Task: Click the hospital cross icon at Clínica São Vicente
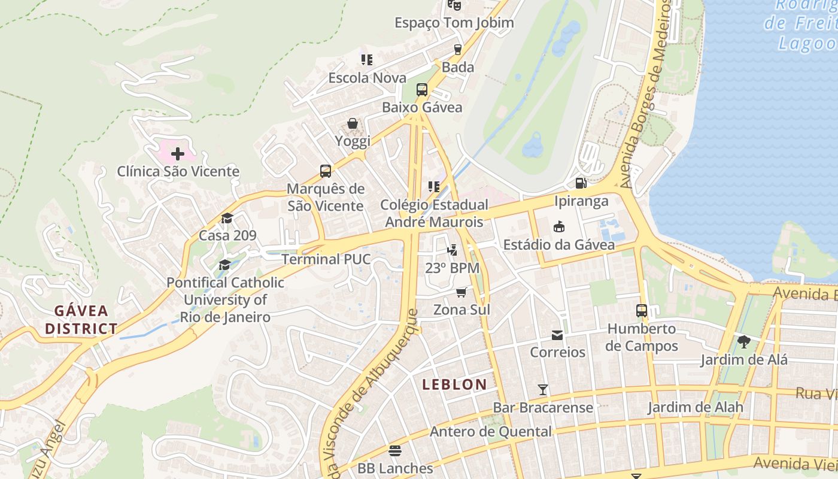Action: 178,154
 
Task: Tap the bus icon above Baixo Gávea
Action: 422,90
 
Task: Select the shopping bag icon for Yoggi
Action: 353,123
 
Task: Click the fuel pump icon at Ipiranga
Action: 580,183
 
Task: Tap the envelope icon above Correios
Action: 557,335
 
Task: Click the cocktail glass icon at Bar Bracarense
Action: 543,390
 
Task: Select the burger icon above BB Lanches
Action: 394,450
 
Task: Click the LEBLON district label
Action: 454,384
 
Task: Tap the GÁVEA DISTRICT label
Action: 81,320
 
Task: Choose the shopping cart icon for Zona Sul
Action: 461,292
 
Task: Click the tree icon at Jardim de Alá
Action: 744,342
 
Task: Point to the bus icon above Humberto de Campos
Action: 642,311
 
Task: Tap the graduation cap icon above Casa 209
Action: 227,218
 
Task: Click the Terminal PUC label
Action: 326,259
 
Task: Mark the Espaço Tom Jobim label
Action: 454,23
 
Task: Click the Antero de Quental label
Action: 491,432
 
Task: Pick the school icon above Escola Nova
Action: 367,59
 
